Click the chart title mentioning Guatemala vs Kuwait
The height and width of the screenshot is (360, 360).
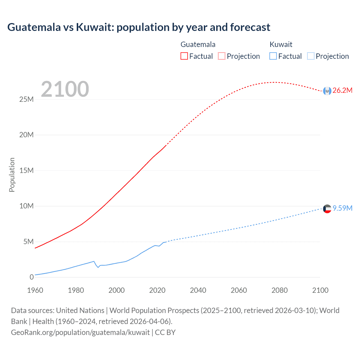pos(139,27)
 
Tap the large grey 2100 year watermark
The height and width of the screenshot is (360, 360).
pos(65,89)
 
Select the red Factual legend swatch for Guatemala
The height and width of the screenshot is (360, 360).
pos(184,56)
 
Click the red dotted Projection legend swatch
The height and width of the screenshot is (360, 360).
pos(222,56)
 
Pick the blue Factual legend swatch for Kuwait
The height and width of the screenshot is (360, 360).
pos(273,56)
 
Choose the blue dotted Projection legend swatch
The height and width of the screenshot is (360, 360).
pos(310,56)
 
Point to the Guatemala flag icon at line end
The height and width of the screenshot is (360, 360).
pos(327,91)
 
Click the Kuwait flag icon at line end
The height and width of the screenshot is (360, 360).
pos(327,209)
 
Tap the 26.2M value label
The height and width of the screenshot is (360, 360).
pos(342,91)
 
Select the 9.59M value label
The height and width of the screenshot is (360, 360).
pos(342,208)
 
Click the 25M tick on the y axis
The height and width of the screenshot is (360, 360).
pos(26,99)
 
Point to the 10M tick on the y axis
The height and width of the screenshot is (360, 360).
pos(26,206)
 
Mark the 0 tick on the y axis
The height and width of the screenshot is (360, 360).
pos(31,277)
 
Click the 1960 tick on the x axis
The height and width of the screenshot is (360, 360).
pos(35,290)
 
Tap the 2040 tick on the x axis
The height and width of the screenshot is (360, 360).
pos(198,290)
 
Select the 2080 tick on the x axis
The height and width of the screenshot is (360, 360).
pos(280,290)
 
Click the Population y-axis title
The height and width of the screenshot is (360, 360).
pos(12,175)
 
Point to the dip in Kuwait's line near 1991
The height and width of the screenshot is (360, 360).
pos(98,267)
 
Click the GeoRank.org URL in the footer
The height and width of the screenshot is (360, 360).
pos(80,332)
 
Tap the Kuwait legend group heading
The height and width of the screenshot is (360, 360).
pos(281,44)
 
